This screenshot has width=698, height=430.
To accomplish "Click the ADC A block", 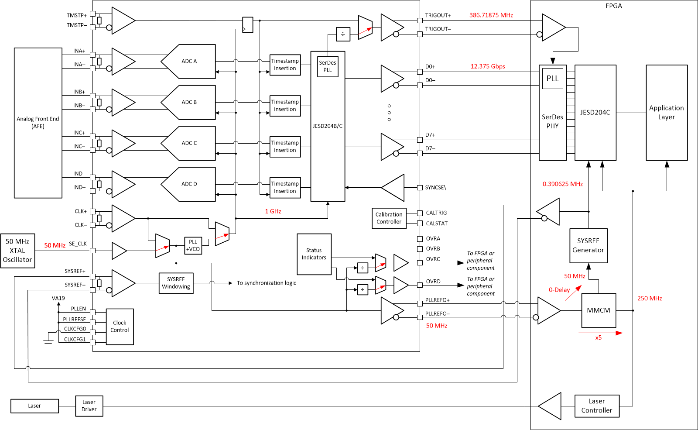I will [x=189, y=62].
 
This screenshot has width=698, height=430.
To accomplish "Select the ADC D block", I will [x=189, y=184].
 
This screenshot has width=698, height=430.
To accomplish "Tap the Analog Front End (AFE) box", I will [x=38, y=123].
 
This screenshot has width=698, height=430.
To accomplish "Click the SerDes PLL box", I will [x=328, y=66].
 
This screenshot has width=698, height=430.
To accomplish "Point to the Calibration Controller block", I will [x=389, y=218].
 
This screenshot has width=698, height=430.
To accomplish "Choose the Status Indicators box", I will [x=314, y=254].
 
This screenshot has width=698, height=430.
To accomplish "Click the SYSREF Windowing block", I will [x=176, y=283].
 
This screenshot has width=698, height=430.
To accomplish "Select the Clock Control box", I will [x=120, y=327].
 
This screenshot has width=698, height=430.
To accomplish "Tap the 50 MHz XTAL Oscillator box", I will [x=17, y=251].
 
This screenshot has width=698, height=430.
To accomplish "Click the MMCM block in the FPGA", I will [x=598, y=310].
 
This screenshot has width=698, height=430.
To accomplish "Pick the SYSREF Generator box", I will [x=588, y=245].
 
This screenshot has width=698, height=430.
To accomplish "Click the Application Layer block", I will [x=666, y=113].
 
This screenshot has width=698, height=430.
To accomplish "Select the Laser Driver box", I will [x=89, y=406].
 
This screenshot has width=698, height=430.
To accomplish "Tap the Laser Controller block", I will [x=596, y=406].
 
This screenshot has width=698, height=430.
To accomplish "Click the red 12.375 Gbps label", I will [x=487, y=66].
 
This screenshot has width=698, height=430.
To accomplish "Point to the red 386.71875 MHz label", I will [x=491, y=15].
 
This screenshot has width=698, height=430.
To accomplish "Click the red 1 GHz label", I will [x=273, y=211].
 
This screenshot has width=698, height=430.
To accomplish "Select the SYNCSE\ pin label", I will [x=435, y=188].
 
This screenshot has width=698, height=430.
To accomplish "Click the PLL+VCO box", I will [x=193, y=246].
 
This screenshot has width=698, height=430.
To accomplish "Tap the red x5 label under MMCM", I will [x=598, y=338].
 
